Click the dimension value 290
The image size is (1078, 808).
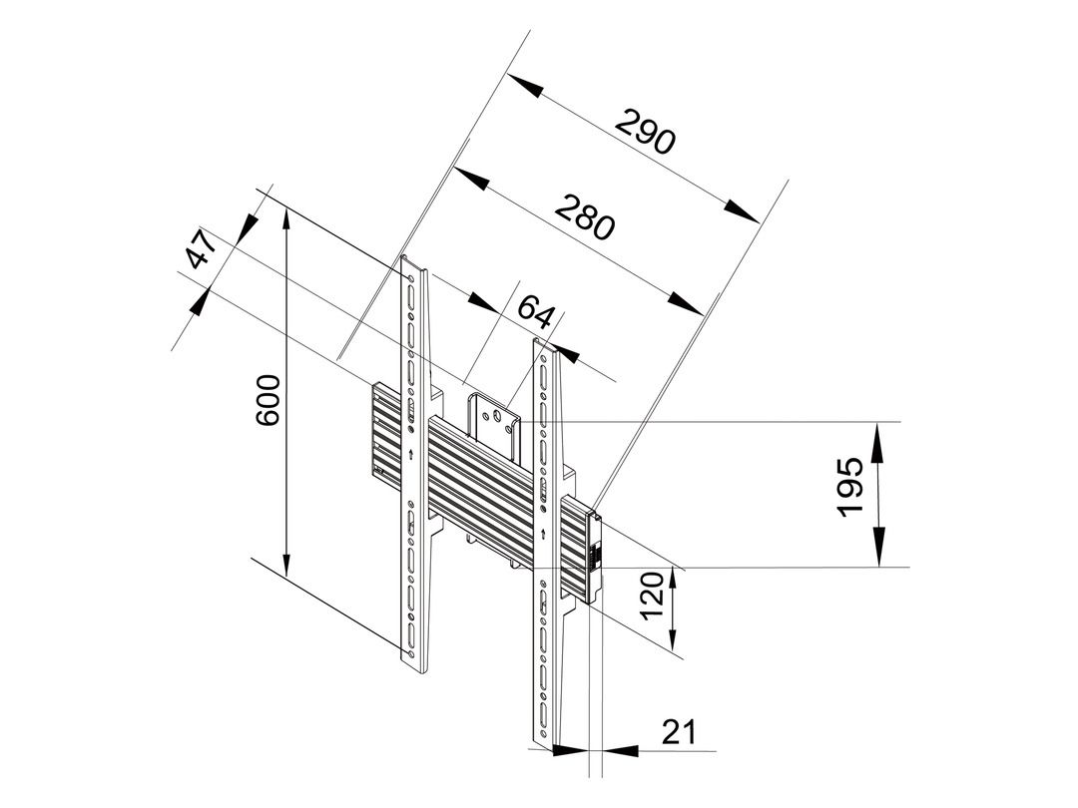point(645,132)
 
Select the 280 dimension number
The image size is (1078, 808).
point(583,217)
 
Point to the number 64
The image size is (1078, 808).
point(535,312)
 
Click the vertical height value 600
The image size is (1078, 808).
point(268,400)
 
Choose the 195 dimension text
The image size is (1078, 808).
point(849,486)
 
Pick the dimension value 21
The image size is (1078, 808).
point(679,732)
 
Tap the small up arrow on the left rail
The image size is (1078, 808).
point(410,453)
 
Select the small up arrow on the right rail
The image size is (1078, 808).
point(543,533)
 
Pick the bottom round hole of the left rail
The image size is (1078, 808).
point(410,648)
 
